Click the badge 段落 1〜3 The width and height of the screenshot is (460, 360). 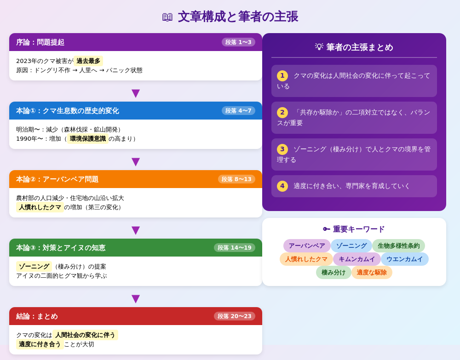coord(238,42)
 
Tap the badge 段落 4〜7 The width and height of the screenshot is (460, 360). coord(238,111)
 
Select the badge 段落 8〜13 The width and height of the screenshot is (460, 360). coord(236,179)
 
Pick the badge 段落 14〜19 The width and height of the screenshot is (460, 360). coord(235,248)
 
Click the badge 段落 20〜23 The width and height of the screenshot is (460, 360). coord(235,316)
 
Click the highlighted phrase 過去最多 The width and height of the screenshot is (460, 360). coord(88,61)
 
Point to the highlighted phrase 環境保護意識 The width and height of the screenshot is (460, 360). coord(88,139)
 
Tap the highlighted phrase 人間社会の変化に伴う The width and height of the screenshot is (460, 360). coord(85,335)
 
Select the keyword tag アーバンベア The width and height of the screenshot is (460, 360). coord(307,246)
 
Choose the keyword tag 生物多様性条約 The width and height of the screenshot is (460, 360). coord(398,246)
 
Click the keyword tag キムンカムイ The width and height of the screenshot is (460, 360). coord(357,259)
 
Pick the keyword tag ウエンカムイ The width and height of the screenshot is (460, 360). coord(405,259)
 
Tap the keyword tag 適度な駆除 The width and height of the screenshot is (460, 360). coord(372,273)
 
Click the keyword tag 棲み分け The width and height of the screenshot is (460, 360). coord(333,273)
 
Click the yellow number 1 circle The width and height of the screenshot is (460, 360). coord(282,76)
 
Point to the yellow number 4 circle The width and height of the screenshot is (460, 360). coord(282,186)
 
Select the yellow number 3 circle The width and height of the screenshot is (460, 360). coord(282,149)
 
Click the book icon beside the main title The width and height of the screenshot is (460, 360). coord(167,17)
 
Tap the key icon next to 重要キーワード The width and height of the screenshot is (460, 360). coord(327,229)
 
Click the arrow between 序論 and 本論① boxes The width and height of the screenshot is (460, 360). coord(136,93)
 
